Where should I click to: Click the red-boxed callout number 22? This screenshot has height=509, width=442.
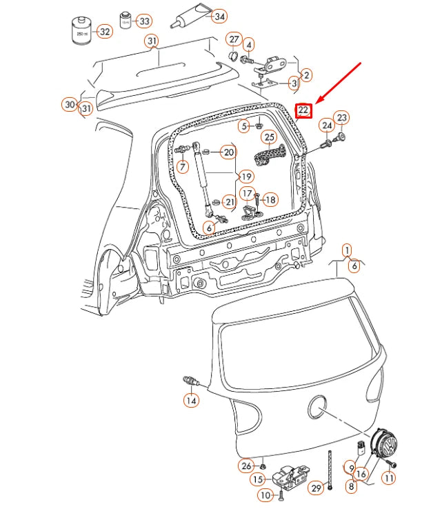304,110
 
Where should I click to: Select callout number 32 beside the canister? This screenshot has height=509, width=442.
104,32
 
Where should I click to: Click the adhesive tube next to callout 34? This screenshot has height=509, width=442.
183,18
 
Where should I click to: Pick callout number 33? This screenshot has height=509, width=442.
143,21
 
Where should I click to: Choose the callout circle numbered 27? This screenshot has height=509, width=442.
234,39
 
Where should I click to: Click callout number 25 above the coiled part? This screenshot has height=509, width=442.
269,137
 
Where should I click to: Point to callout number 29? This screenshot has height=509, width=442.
316,488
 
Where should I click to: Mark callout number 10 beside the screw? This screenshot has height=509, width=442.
265,495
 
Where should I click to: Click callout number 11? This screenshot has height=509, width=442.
390,478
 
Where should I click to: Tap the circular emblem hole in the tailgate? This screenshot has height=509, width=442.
318,408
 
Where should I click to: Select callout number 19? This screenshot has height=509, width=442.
246,177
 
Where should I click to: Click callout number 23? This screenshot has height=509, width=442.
342,118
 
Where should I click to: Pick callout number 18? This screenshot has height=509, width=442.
270,200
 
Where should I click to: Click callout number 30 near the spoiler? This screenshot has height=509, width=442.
68,105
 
